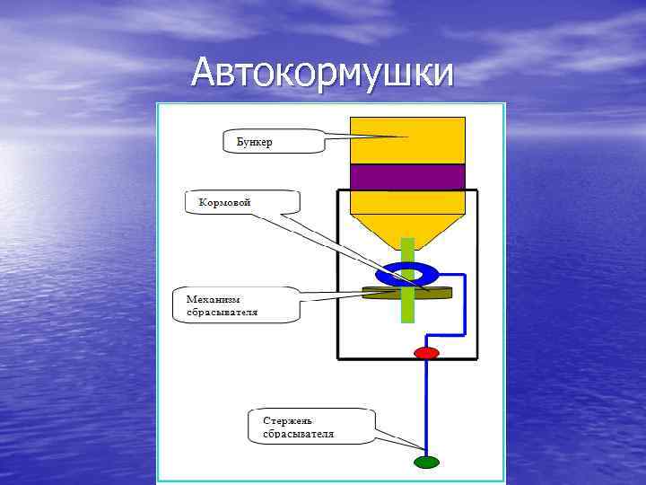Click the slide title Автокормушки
[322, 72]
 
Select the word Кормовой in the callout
[219, 203]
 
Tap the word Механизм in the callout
[213, 298]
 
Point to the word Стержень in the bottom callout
[288, 420]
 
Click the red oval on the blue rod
[426, 353]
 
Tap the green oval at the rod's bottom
[427, 462]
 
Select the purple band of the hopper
[407, 177]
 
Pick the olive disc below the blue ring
[440, 291]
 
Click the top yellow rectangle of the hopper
[407, 139]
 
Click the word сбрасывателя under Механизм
[222, 312]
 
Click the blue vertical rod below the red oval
[427, 404]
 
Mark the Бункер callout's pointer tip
[408, 137]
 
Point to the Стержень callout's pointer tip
[424, 448]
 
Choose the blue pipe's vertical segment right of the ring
[464, 301]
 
